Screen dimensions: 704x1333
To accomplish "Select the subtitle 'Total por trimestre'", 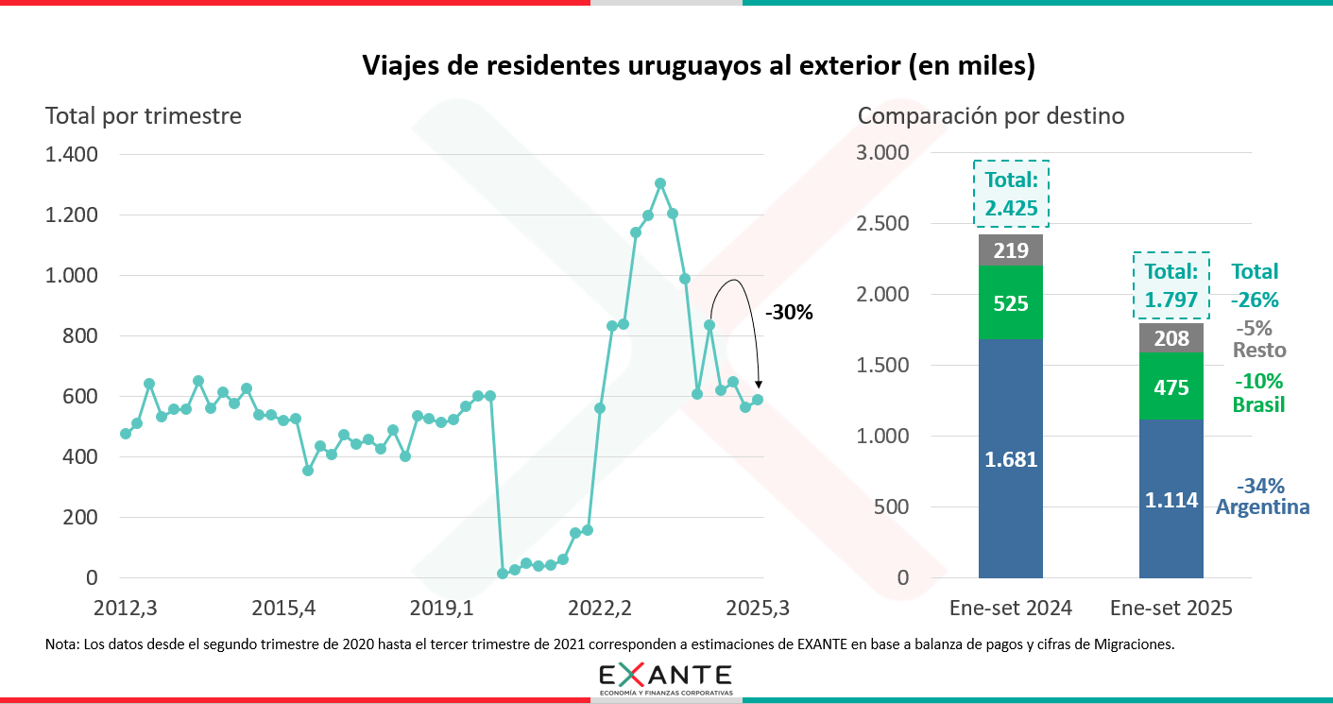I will pos(144,116).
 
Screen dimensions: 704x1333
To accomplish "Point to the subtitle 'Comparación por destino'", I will pos(991,116).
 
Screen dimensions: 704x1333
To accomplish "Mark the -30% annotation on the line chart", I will pos(788,312).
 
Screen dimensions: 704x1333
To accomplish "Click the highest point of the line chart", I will pos(660,183).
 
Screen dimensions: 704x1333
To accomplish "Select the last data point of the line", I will pos(757,400).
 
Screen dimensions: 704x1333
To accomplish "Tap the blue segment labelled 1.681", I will pos(1011,459).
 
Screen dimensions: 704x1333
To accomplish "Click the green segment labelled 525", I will pos(1011,303).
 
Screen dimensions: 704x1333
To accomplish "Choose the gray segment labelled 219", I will pos(1011,250).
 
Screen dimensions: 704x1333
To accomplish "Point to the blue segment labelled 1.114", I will pos(1171,499).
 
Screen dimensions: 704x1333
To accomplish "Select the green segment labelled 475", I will pos(1171,386).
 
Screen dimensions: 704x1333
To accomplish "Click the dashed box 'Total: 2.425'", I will pos(1011,193).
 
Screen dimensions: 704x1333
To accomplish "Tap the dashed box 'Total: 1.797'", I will pos(1171,286).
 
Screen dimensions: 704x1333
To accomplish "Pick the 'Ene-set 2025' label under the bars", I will pos(1171,608).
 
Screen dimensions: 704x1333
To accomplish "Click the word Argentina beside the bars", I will pos(1262,507).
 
